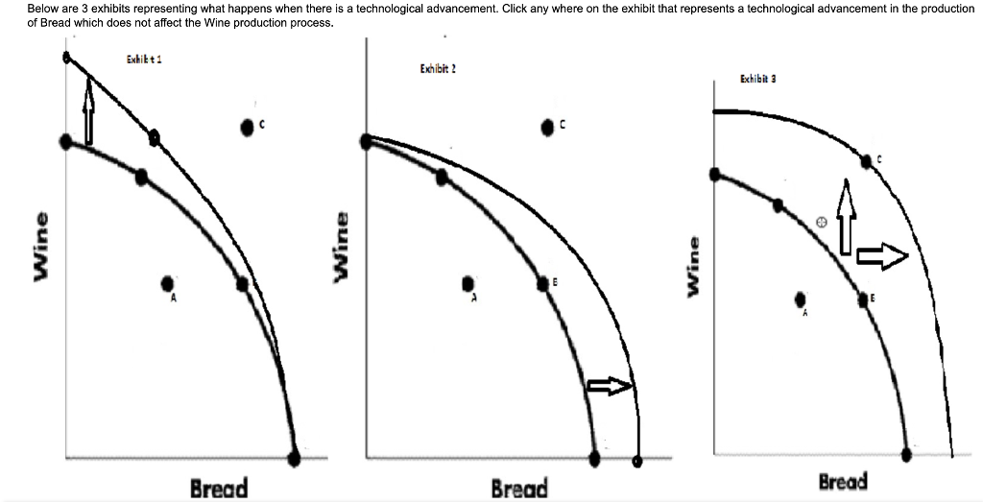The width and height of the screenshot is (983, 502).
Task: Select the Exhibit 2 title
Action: tap(437, 69)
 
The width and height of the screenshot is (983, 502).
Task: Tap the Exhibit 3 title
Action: tap(758, 79)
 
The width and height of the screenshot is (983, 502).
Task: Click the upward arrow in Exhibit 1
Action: tap(87, 110)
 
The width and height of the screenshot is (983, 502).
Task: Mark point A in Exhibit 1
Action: tap(168, 283)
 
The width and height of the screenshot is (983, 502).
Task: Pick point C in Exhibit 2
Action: tap(548, 126)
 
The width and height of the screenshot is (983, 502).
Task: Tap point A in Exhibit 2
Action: tap(468, 284)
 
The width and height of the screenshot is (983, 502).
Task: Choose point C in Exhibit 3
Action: tap(867, 161)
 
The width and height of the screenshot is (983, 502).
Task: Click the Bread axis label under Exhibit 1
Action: tap(218, 488)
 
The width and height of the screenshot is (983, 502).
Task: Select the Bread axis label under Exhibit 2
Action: tap(518, 489)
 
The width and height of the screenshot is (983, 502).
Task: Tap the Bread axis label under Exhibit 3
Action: tap(843, 481)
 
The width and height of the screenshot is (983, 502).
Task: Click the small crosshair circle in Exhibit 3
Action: tap(821, 222)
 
